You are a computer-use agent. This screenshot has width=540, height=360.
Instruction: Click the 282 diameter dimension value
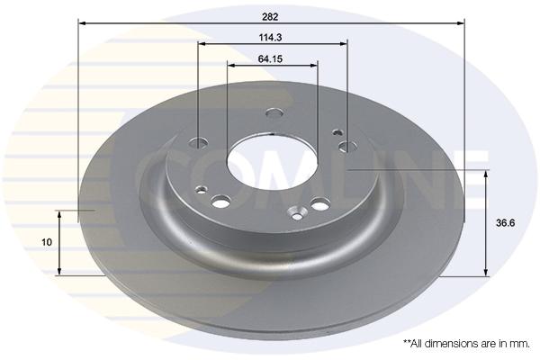point(270,17)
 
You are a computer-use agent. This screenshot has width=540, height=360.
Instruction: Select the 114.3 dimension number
point(270,38)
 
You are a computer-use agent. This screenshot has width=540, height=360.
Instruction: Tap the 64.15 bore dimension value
point(270,59)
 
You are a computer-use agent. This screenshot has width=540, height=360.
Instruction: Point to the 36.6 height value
point(505,223)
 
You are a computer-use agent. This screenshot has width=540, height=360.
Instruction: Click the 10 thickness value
point(47,242)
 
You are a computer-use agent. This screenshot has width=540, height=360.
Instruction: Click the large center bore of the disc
point(272,161)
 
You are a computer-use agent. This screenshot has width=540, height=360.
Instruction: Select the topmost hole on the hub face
point(274,112)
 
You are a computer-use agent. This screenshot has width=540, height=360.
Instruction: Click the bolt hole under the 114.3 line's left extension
point(199,142)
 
